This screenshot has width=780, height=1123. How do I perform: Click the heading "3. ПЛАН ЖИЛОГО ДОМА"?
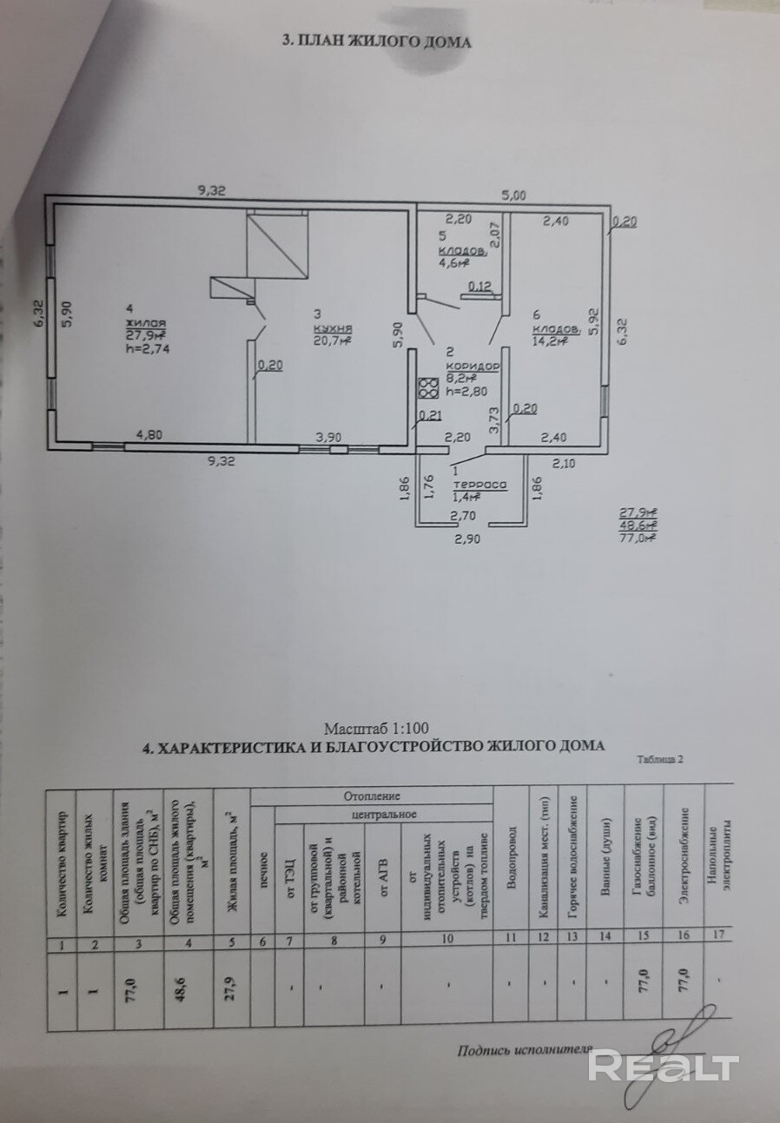pos(377,42)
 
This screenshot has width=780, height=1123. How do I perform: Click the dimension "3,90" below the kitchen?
pos(329,437)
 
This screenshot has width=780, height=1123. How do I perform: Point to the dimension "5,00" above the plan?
pos(512,196)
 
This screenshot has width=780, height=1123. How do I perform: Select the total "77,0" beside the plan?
pos(637,538)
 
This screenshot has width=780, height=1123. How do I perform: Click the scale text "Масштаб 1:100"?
pos(376,730)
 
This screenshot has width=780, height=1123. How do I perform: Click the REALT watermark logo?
pos(663,1065)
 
